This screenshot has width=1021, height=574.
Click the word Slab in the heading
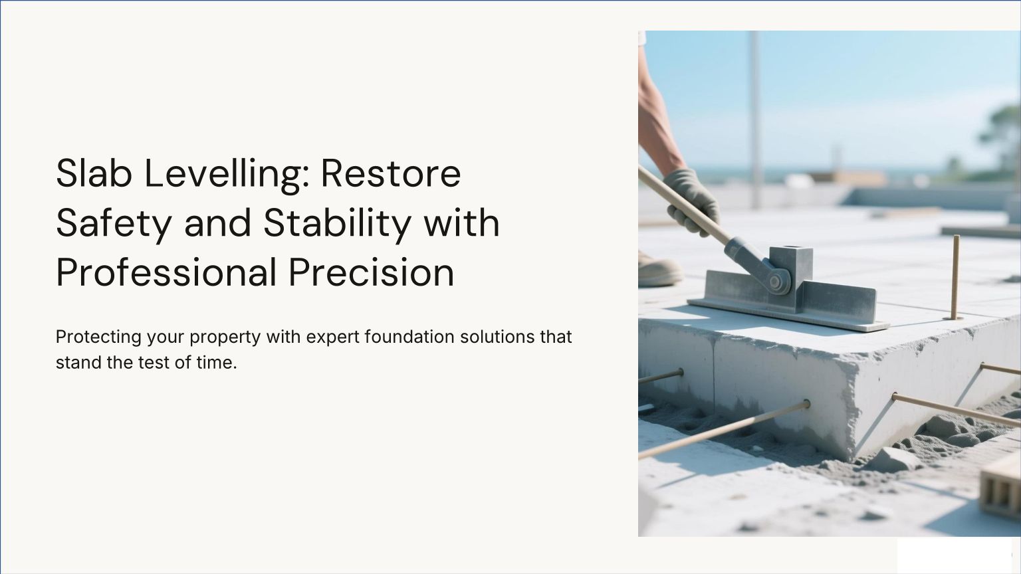pyautogui.click(x=94, y=173)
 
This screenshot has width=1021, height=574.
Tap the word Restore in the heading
pyautogui.click(x=391, y=173)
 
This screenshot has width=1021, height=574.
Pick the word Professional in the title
pyautogui.click(x=166, y=272)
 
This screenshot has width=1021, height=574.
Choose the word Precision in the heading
pyautogui.click(x=372, y=272)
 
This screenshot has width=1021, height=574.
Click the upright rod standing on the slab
pyautogui.click(x=955, y=277)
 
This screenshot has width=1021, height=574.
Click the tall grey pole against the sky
pyautogui.click(x=755, y=118)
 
